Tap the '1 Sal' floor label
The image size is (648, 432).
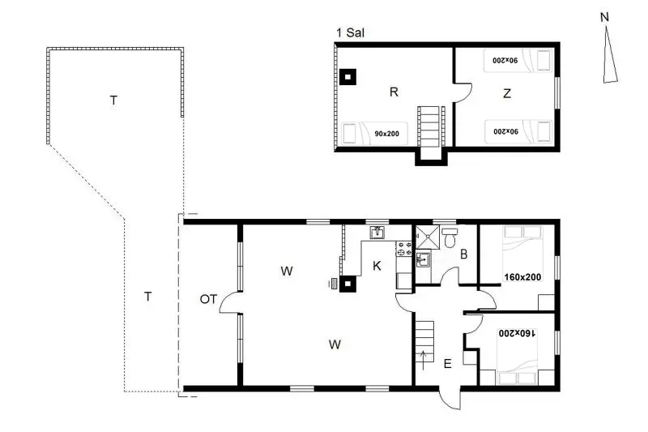point(351,33)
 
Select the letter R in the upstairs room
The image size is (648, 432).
point(394,92)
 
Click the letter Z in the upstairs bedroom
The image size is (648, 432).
point(507,93)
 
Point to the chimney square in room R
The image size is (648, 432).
point(347,77)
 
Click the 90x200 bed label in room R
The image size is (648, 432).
point(387,134)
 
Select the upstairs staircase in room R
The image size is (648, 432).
point(429,127)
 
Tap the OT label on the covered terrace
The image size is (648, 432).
point(208,299)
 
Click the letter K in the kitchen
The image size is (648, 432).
point(377,266)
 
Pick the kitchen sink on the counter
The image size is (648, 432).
point(377,233)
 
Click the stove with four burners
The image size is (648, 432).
point(404,249)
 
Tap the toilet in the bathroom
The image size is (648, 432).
point(450,237)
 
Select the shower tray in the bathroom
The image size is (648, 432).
point(428,237)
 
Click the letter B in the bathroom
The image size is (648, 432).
point(463,254)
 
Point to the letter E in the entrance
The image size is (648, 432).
point(448,364)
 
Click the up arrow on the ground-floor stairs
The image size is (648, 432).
point(423,361)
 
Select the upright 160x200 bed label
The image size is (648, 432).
point(522,277)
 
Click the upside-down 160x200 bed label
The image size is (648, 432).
point(518,333)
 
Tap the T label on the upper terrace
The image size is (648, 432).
point(113,101)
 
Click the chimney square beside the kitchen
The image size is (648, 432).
point(347,284)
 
